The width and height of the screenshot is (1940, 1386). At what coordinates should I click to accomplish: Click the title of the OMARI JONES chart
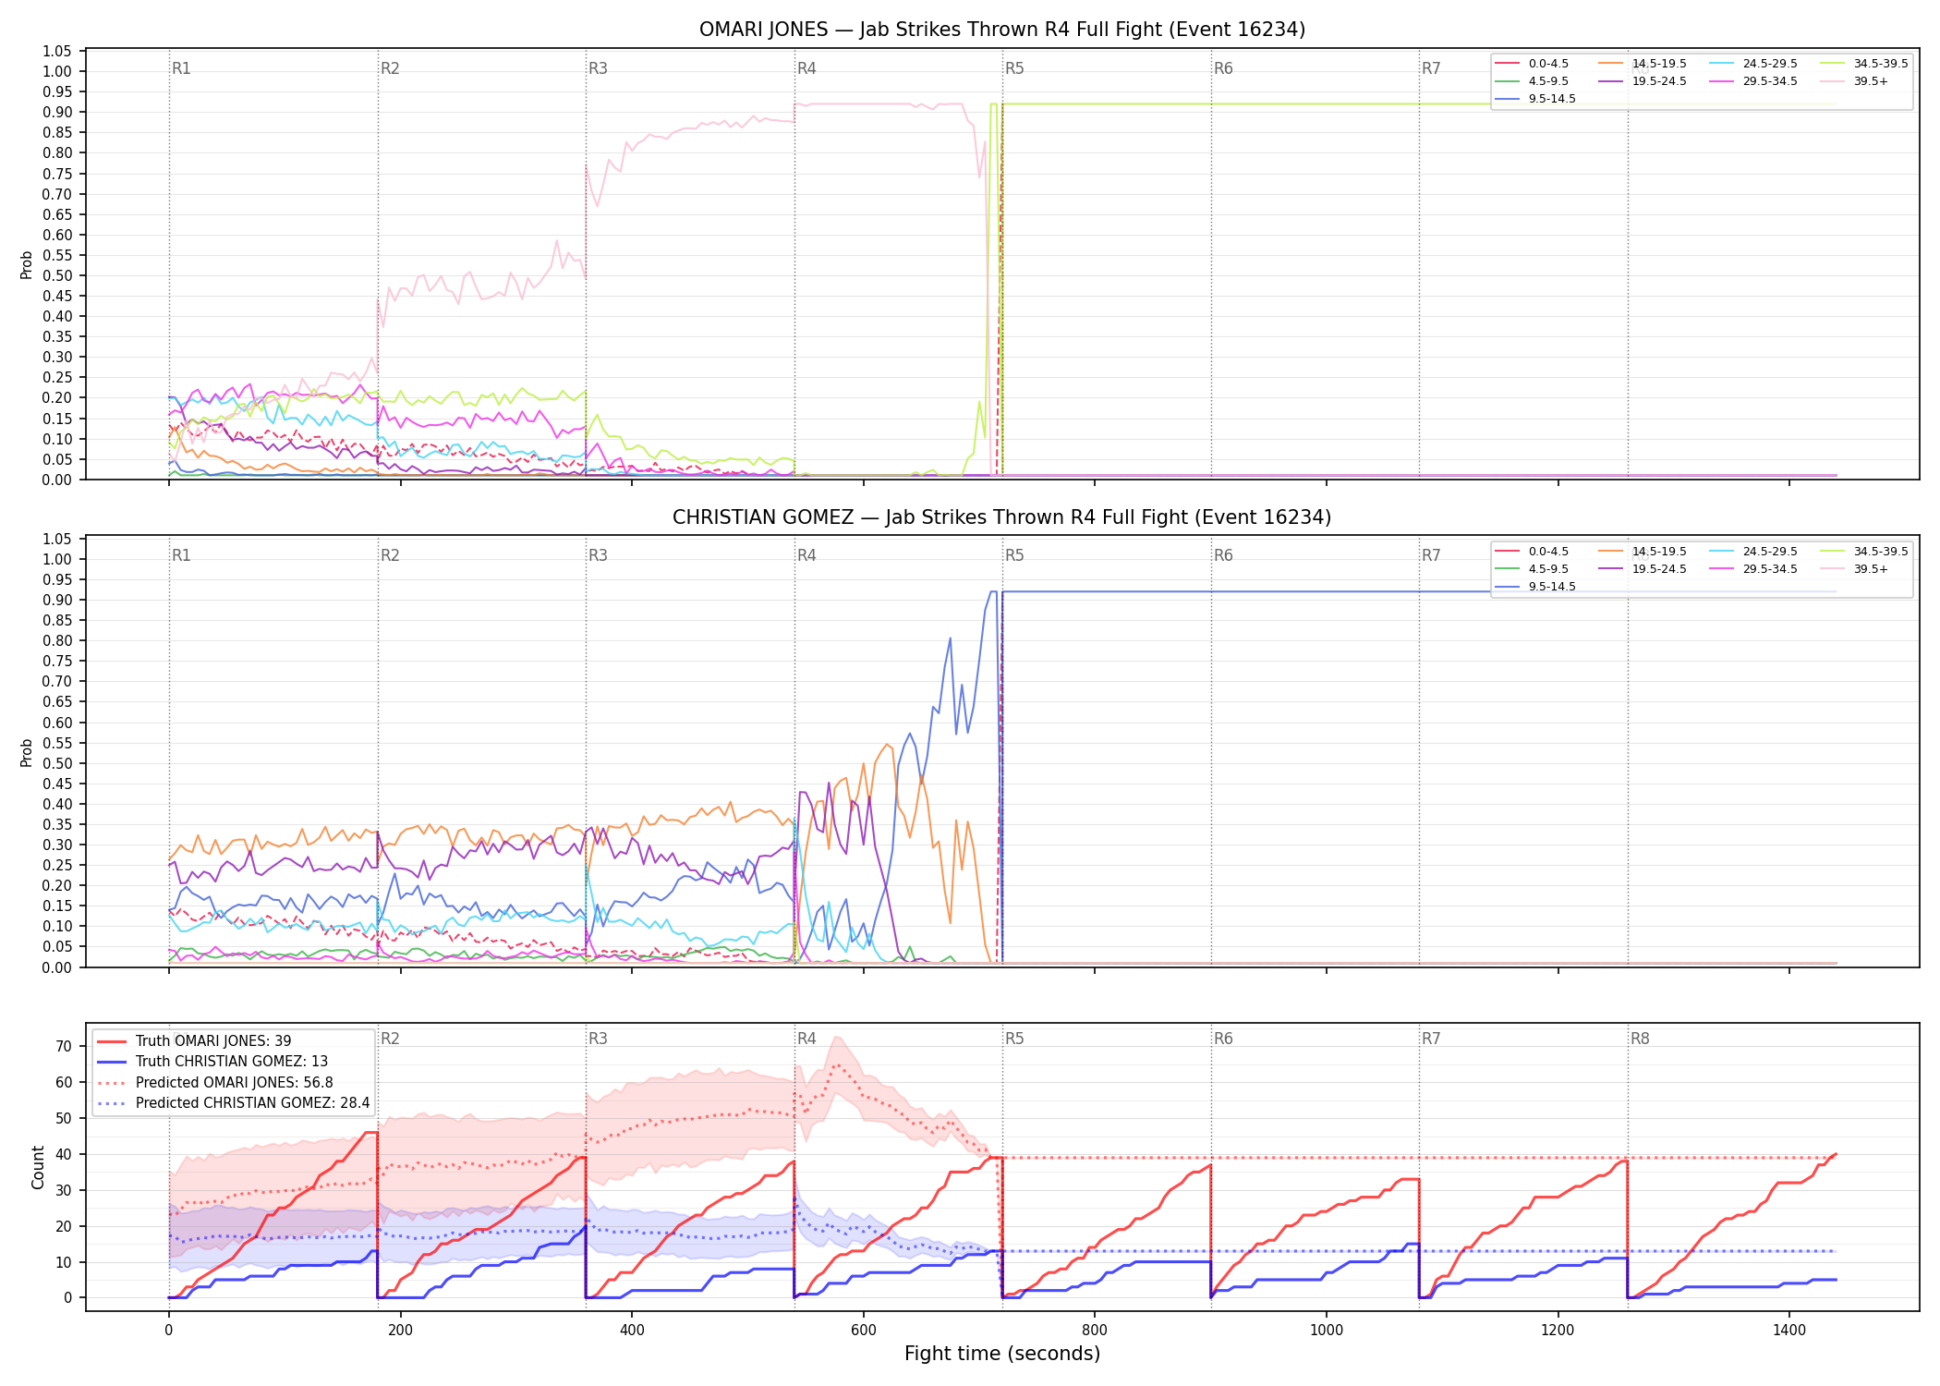click(1002, 30)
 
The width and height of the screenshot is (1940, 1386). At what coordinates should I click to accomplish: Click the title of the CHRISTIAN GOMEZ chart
click(1002, 517)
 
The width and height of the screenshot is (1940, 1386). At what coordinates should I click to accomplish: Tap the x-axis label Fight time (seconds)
click(1002, 1354)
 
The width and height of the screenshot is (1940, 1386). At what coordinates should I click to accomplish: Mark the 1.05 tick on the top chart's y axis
click(57, 51)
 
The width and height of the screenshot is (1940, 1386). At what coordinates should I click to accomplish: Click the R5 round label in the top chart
click(1015, 68)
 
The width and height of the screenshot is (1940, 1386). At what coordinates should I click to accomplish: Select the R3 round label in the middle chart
click(599, 555)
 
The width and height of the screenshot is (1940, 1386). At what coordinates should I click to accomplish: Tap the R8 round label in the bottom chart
click(1640, 1039)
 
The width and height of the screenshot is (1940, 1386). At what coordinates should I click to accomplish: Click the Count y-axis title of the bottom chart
click(38, 1168)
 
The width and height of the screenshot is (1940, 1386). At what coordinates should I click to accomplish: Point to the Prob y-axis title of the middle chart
click(27, 753)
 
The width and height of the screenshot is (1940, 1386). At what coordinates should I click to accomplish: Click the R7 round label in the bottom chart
click(1431, 1039)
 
